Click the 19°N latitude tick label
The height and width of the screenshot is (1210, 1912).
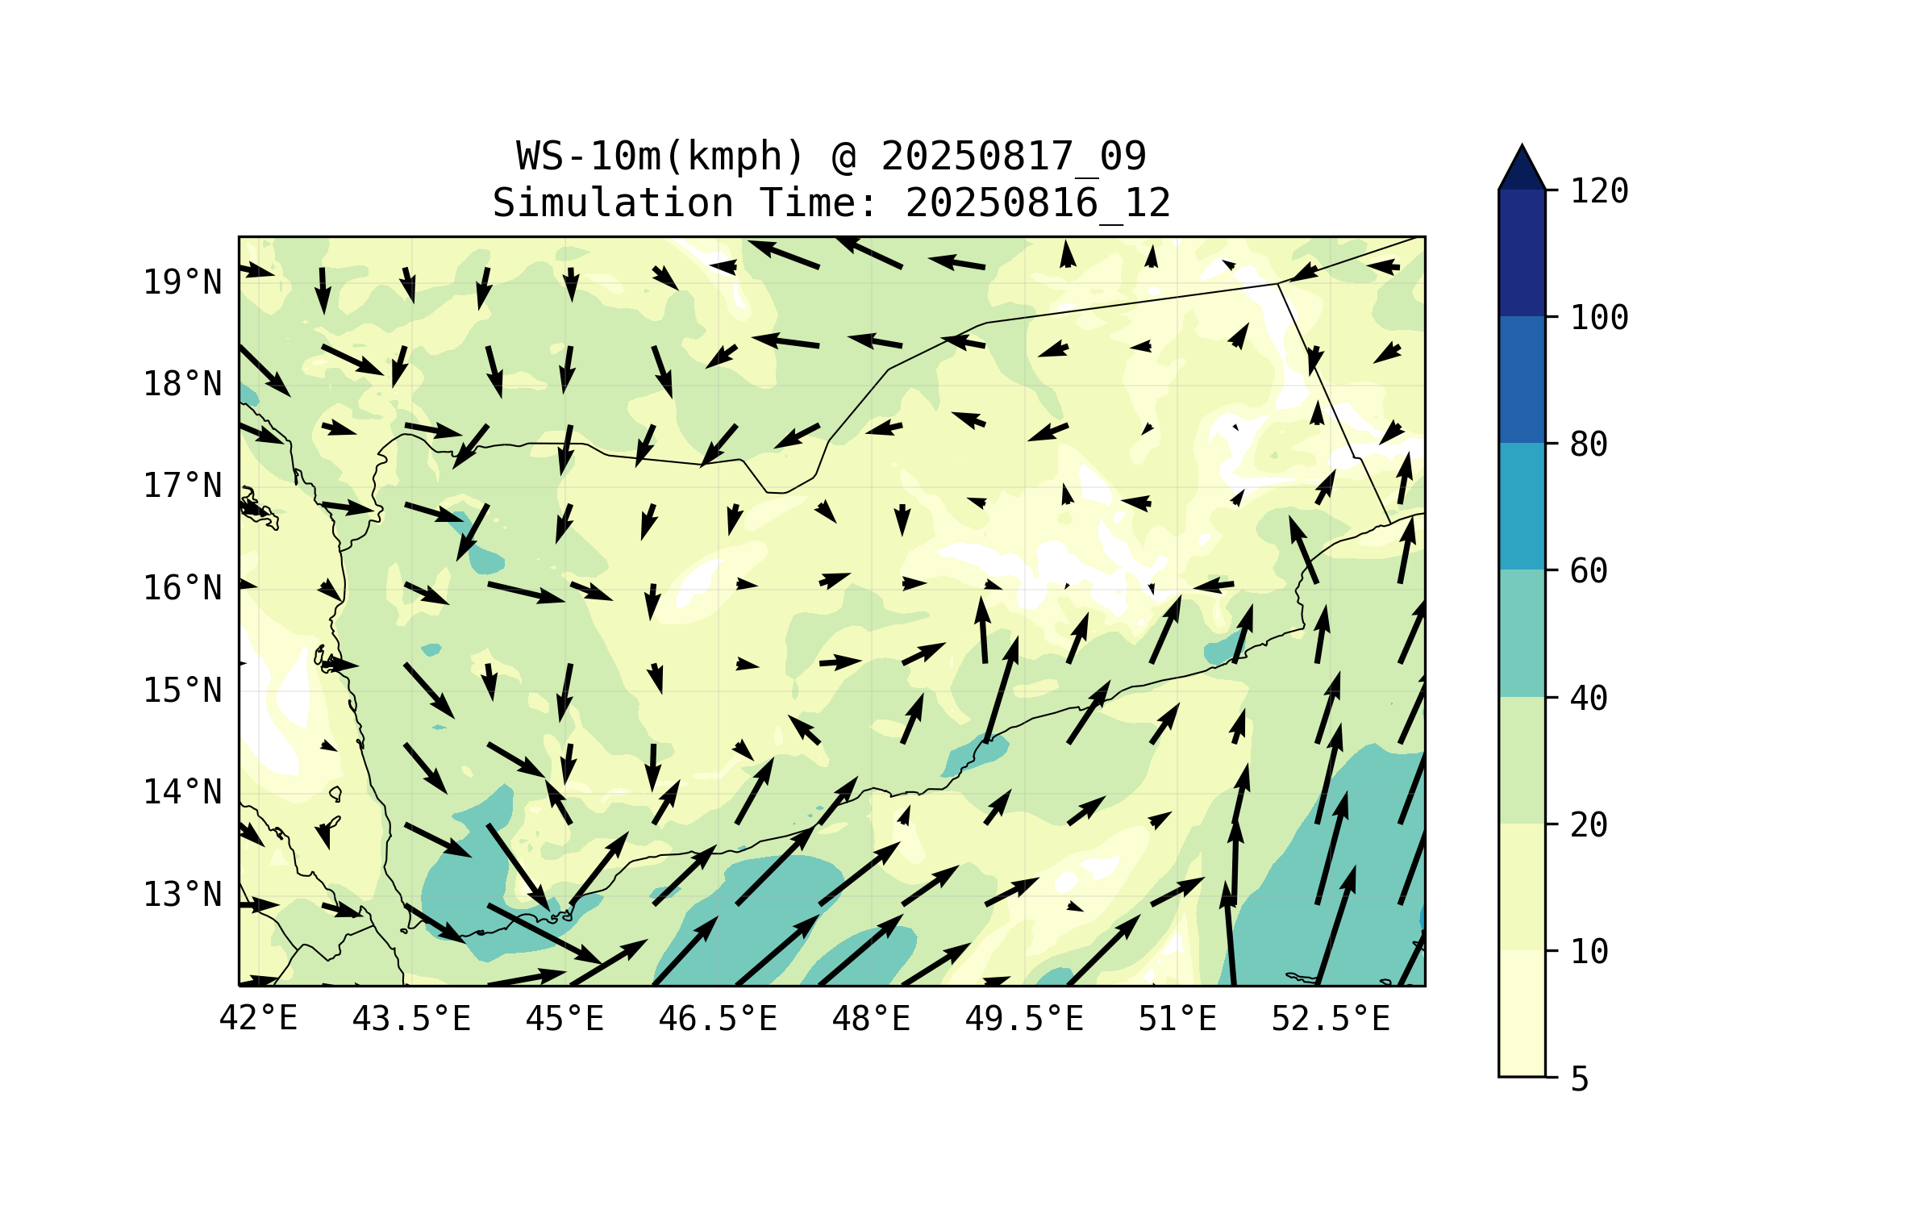click(x=182, y=282)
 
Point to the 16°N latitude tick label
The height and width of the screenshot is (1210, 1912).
click(x=182, y=588)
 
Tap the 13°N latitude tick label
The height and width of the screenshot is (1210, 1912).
click(x=182, y=895)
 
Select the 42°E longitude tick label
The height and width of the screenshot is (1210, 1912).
click(x=258, y=1019)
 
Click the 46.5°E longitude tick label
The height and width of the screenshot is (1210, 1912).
click(x=717, y=1019)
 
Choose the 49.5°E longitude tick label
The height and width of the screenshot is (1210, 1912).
click(x=1023, y=1019)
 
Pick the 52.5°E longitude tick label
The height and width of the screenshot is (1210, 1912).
click(x=1330, y=1019)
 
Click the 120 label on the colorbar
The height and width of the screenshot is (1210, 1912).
click(x=1598, y=191)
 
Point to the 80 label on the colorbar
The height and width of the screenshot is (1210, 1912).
click(x=1588, y=444)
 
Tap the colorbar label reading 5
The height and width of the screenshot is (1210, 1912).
click(x=1579, y=1079)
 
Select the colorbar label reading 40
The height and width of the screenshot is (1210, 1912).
click(x=1588, y=699)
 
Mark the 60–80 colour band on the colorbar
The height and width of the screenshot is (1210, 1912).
click(x=1522, y=506)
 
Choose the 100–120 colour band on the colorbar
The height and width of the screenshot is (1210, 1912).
click(x=1522, y=252)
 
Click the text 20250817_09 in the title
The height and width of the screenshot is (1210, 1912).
click(x=1013, y=156)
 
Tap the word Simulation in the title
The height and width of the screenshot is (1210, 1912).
click(x=613, y=202)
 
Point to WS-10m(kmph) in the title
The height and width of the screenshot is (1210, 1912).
click(x=660, y=156)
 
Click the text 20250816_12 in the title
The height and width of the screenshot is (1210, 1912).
click(x=1037, y=202)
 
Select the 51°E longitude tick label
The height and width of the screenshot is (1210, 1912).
click(x=1177, y=1019)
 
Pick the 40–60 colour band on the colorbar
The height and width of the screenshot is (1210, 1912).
click(x=1522, y=632)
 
